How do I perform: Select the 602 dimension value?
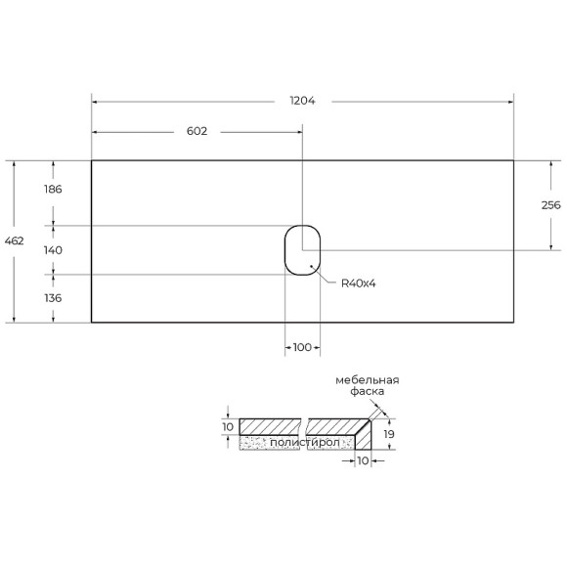197,131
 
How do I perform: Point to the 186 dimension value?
53,190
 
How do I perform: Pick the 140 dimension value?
53,250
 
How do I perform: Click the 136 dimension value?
53,298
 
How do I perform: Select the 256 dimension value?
550,205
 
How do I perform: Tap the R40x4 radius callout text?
359,283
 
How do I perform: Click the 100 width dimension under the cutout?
302,348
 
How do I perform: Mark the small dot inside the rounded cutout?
311,266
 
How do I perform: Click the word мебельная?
367,379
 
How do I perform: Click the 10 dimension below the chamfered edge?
363,461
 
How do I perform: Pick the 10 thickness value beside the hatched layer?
227,426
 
